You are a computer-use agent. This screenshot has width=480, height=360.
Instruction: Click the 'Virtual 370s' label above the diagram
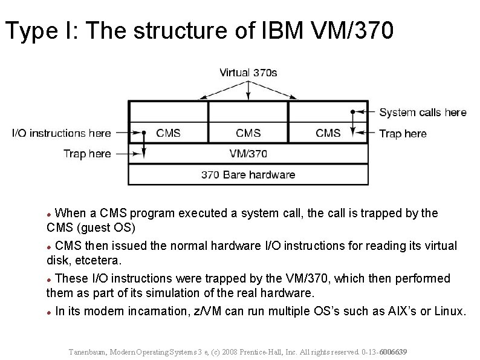coord(248,73)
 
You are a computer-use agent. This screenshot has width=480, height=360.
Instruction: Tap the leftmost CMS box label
coord(168,133)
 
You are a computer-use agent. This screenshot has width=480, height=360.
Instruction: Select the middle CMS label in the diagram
coord(248,133)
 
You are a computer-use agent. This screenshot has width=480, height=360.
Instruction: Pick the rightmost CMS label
coord(328,133)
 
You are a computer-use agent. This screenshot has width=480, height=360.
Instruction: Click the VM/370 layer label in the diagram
coord(248,154)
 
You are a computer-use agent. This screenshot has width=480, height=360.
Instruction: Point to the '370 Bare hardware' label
coord(248,175)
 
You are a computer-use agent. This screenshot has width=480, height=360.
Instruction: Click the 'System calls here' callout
coord(423,112)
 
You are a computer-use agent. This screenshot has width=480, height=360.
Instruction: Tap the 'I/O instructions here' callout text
coord(62,133)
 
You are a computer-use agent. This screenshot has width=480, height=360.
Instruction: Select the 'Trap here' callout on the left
coord(87,154)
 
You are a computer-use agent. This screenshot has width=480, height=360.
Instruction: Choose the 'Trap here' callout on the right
coord(403,133)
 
